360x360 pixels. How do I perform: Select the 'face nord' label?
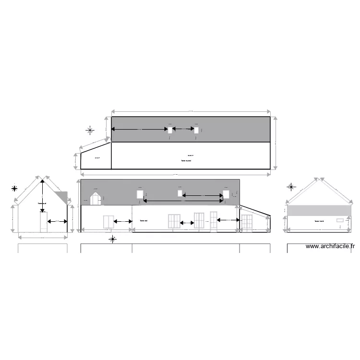tap(319, 221)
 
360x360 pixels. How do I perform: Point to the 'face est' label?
tap(143, 221)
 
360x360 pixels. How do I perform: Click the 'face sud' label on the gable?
tap(42, 203)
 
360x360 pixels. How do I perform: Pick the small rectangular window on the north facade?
tap(340, 220)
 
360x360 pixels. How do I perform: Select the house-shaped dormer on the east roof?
tap(96, 199)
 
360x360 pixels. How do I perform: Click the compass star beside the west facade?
tap(90, 130)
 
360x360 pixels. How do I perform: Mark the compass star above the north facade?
tap(291, 187)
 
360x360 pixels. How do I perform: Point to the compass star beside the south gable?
tap(15, 188)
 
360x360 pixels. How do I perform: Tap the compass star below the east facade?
tap(112, 239)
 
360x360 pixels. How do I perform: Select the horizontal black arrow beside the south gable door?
tap(57, 221)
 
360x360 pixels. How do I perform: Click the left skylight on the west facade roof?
tap(170, 130)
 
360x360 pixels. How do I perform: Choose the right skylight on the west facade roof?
tap(196, 130)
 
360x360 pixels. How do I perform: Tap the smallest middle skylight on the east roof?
tap(180, 193)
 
